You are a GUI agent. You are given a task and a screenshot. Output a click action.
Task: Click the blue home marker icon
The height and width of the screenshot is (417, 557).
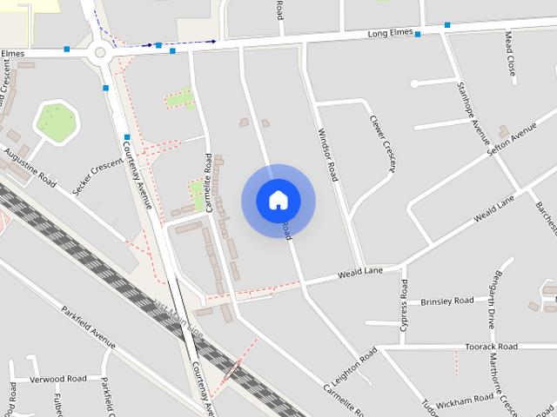pos(278,201)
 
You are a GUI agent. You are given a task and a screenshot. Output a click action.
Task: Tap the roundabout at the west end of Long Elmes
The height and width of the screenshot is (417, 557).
pos(100,52)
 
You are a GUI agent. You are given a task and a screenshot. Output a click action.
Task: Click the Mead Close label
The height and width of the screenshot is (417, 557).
pos(510,54)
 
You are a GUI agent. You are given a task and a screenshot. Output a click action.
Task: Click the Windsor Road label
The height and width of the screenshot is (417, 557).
pos(326,155)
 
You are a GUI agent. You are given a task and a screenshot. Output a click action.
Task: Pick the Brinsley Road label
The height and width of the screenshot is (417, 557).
pos(446,301)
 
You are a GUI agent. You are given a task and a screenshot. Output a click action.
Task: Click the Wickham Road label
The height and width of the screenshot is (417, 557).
pos(466,400)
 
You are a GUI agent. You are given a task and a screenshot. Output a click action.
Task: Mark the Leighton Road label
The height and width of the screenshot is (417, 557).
pos(352,367)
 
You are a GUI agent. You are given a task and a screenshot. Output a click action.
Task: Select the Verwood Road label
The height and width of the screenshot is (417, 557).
pos(58,380)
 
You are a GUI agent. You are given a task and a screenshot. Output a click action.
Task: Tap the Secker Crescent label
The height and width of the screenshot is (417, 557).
pos(98,166)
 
